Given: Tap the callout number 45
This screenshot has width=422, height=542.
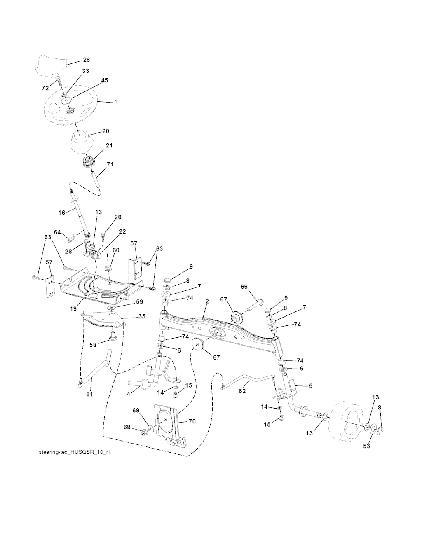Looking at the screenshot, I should coord(105,81).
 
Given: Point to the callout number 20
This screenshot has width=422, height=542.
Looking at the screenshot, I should coord(105,131).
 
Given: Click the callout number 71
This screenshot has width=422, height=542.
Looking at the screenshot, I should coord(110,164).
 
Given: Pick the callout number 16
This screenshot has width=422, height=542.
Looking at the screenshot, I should coord(61,213).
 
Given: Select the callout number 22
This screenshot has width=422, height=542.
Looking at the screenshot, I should coord(122,232).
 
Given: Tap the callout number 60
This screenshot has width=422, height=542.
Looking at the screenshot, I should coord(116,250).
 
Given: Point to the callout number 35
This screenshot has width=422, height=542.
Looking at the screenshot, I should coord(141,317).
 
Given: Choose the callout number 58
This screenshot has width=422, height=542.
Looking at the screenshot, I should coord(94,345).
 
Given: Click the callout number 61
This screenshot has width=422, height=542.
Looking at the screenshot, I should coord(89,394).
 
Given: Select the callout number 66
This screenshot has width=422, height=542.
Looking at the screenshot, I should coord(244,286).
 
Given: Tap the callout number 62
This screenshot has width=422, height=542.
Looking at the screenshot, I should coord(242,391).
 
